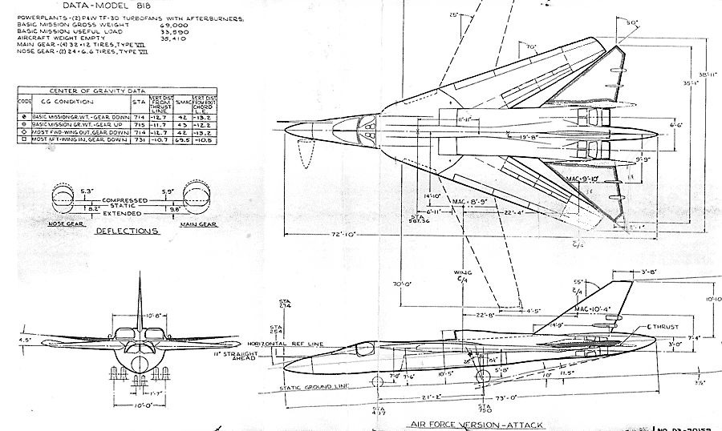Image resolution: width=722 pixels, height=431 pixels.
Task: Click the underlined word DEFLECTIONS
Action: tap(128, 231)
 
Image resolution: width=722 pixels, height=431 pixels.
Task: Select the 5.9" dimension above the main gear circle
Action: tap(169, 191)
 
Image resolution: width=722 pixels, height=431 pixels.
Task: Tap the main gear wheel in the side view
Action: tap(481, 377)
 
